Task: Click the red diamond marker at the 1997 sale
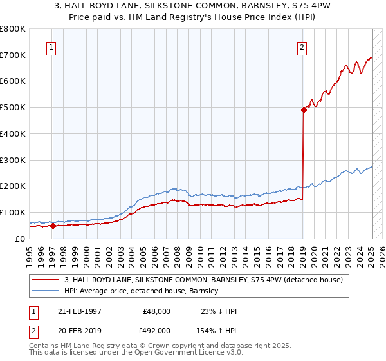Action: click(x=53, y=226)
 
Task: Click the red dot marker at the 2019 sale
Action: click(x=303, y=110)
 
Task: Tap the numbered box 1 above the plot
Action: click(x=51, y=46)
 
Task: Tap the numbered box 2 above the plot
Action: click(x=301, y=46)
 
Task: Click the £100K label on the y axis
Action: click(x=13, y=212)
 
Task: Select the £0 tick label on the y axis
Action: click(x=21, y=239)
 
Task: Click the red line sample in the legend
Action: click(x=46, y=280)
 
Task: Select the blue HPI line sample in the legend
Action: click(x=46, y=291)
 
